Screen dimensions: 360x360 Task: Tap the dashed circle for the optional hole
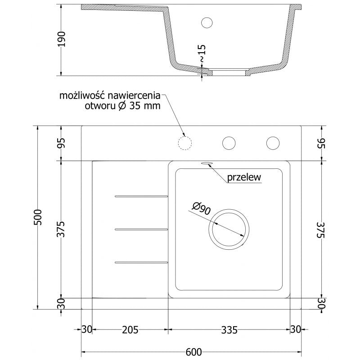coord(185,143)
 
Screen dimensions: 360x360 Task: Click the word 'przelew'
coord(244,178)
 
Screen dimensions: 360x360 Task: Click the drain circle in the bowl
coord(229,229)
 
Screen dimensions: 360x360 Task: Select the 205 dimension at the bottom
coord(130,330)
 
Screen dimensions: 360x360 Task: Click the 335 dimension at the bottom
coord(229,330)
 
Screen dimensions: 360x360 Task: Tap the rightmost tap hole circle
coord(273,143)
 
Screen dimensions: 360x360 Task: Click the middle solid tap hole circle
coord(229,143)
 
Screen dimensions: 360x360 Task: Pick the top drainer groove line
coord(141,196)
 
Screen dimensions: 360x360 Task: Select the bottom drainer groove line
coord(141,262)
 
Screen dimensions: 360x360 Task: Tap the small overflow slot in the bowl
coord(207,164)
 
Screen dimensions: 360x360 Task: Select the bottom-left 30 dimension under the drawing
coord(86,330)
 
